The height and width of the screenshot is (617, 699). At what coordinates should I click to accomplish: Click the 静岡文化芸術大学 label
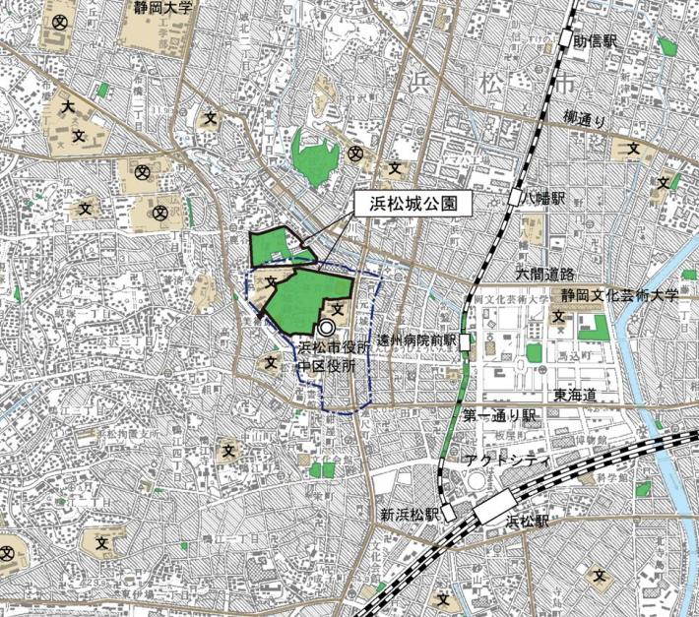(x=620, y=294)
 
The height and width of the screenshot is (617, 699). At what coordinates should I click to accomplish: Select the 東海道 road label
(x=575, y=394)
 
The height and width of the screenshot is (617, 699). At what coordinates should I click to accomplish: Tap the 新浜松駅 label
(x=409, y=514)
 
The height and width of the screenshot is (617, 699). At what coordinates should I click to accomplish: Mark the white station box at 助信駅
(x=566, y=39)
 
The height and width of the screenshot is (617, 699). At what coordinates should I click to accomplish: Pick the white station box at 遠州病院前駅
(x=465, y=341)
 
